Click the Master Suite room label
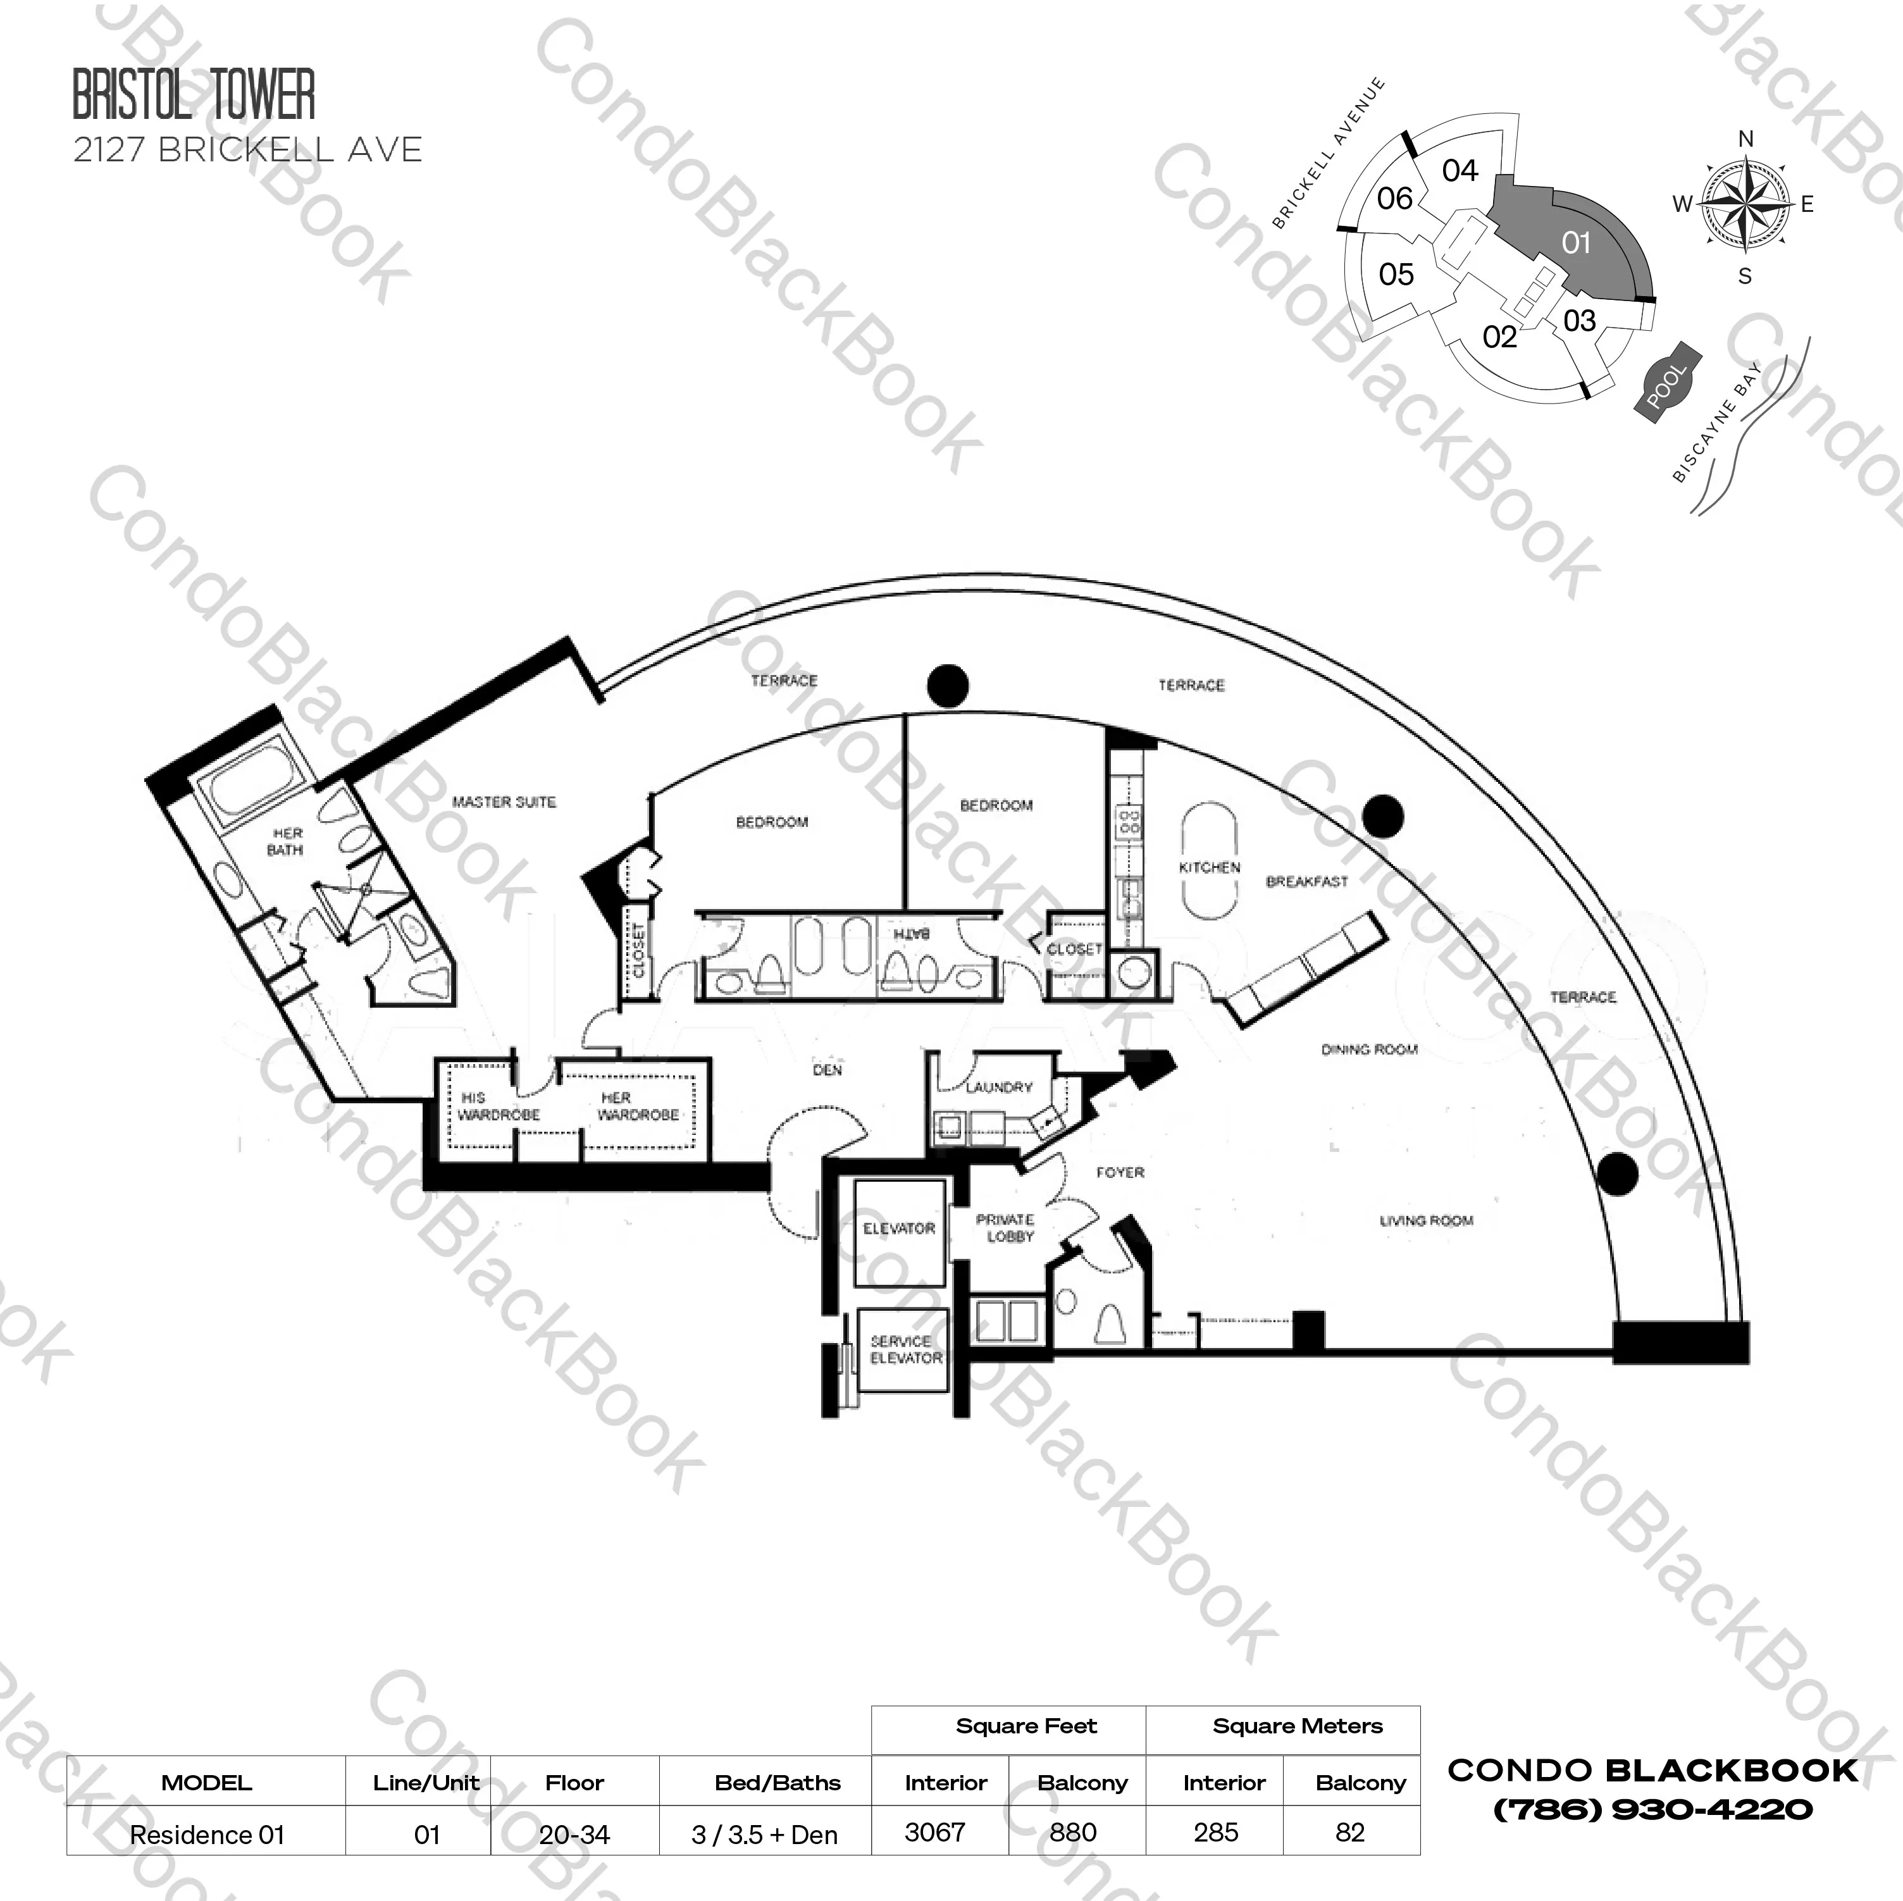point(504,802)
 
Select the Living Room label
point(1425,1220)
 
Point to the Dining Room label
point(1369,1049)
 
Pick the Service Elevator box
point(904,1349)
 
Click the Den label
point(828,1070)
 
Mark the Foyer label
point(1120,1172)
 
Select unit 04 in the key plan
point(1460,170)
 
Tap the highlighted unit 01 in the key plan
point(1576,242)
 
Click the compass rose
point(1745,205)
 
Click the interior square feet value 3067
point(935,1832)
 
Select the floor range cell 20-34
point(574,1834)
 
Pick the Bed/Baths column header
point(777,1783)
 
